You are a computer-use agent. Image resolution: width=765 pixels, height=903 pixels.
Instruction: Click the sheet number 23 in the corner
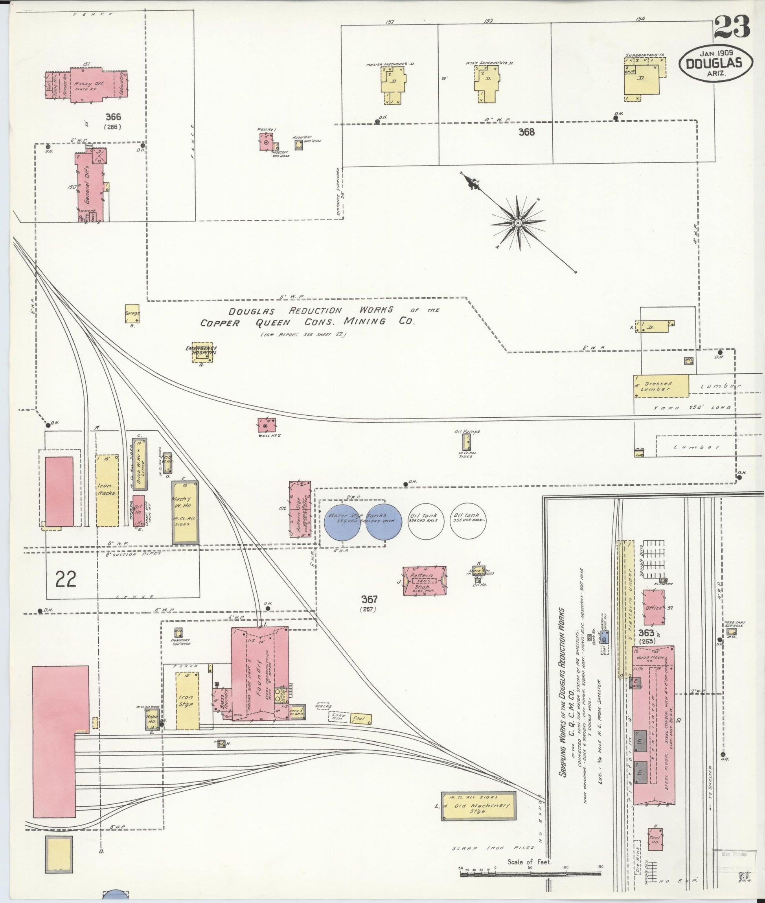[732, 26]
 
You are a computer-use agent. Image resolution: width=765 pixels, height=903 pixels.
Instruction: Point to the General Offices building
[92, 184]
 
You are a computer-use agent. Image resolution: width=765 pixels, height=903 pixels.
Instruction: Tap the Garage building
[132, 313]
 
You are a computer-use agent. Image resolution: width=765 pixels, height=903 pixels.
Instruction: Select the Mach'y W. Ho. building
[185, 512]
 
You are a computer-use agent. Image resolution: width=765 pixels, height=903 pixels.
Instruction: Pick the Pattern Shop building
[425, 580]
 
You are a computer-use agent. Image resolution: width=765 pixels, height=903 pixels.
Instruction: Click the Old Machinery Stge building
[479, 818]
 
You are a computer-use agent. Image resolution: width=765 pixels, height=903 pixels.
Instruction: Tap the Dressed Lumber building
[661, 386]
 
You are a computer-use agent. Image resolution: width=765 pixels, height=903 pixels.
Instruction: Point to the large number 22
[66, 579]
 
